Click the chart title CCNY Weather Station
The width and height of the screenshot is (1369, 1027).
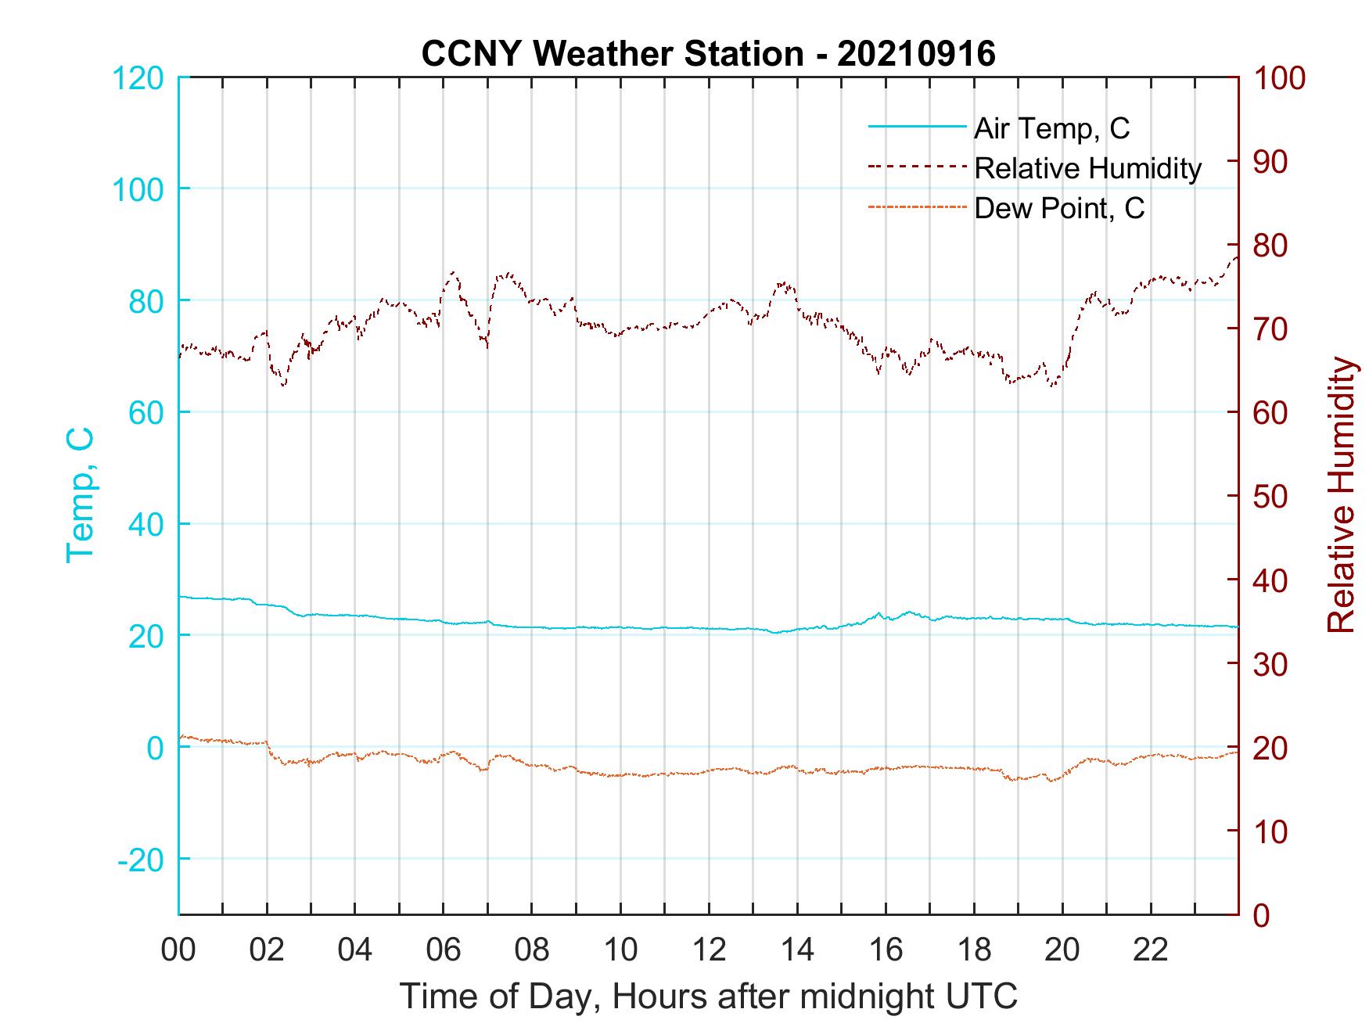[x=708, y=54]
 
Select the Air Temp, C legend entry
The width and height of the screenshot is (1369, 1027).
[x=1051, y=128]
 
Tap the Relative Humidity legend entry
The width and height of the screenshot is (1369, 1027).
[x=1087, y=168]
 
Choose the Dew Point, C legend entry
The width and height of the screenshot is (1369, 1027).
[x=1058, y=209]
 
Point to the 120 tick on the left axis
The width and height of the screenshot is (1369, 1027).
[x=138, y=78]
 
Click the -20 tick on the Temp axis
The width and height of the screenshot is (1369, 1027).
[x=141, y=860]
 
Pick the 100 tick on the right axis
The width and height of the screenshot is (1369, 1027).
[x=1278, y=78]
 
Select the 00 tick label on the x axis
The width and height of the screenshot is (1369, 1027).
[x=178, y=950]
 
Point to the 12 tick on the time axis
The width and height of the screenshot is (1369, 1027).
[x=709, y=950]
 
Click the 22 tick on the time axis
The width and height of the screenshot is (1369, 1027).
[x=1151, y=950]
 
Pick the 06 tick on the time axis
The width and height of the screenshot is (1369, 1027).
[x=444, y=950]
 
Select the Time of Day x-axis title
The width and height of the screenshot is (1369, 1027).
[x=708, y=996]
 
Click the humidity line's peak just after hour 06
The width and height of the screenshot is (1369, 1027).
[x=454, y=272]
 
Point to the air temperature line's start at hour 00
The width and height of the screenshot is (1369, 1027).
[x=181, y=597]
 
